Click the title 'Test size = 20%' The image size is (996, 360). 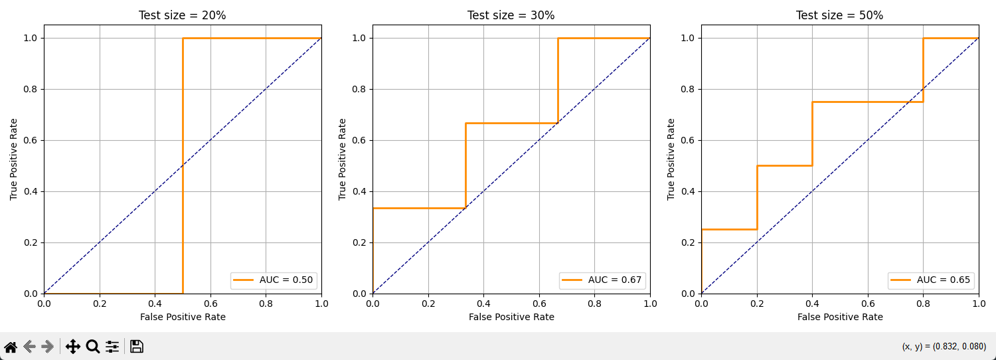[x=183, y=15]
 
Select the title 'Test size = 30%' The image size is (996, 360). [x=511, y=15]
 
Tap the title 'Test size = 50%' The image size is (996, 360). [x=839, y=15]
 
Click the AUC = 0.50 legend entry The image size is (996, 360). [x=274, y=280]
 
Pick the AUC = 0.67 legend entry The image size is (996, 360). [x=602, y=280]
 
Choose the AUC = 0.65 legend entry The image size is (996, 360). [x=931, y=280]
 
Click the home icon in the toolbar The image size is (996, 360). [x=11, y=347]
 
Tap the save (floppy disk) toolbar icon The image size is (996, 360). [x=137, y=347]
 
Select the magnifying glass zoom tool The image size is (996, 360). [x=93, y=347]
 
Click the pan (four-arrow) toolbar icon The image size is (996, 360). [x=73, y=347]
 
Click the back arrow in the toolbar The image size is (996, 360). [x=29, y=347]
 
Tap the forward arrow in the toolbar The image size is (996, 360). [x=48, y=347]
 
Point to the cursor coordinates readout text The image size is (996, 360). [x=944, y=347]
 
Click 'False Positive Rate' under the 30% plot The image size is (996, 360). [x=511, y=317]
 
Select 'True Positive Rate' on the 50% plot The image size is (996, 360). [x=671, y=159]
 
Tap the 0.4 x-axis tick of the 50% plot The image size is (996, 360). [x=812, y=303]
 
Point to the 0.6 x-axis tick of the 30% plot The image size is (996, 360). [x=539, y=303]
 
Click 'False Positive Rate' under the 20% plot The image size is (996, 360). [x=183, y=317]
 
